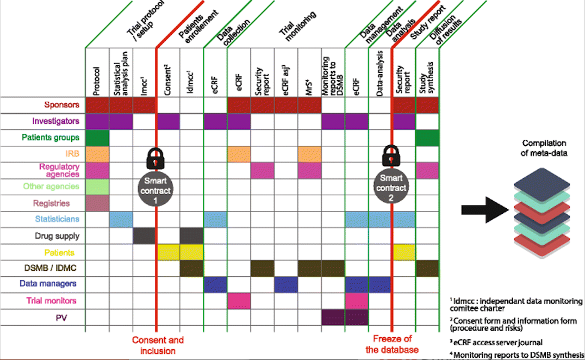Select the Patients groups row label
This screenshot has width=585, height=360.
tap(51, 138)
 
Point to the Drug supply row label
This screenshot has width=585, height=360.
tap(57, 236)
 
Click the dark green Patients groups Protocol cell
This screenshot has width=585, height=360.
tap(97, 138)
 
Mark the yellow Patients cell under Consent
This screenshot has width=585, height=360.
tap(168, 252)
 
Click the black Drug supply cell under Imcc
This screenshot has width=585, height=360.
tap(144, 236)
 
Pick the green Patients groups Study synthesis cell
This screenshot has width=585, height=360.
tap(427, 138)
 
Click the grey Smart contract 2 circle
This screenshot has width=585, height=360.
tap(391, 187)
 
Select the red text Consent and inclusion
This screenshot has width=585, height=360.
tap(158, 345)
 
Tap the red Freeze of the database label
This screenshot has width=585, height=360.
tap(392, 345)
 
